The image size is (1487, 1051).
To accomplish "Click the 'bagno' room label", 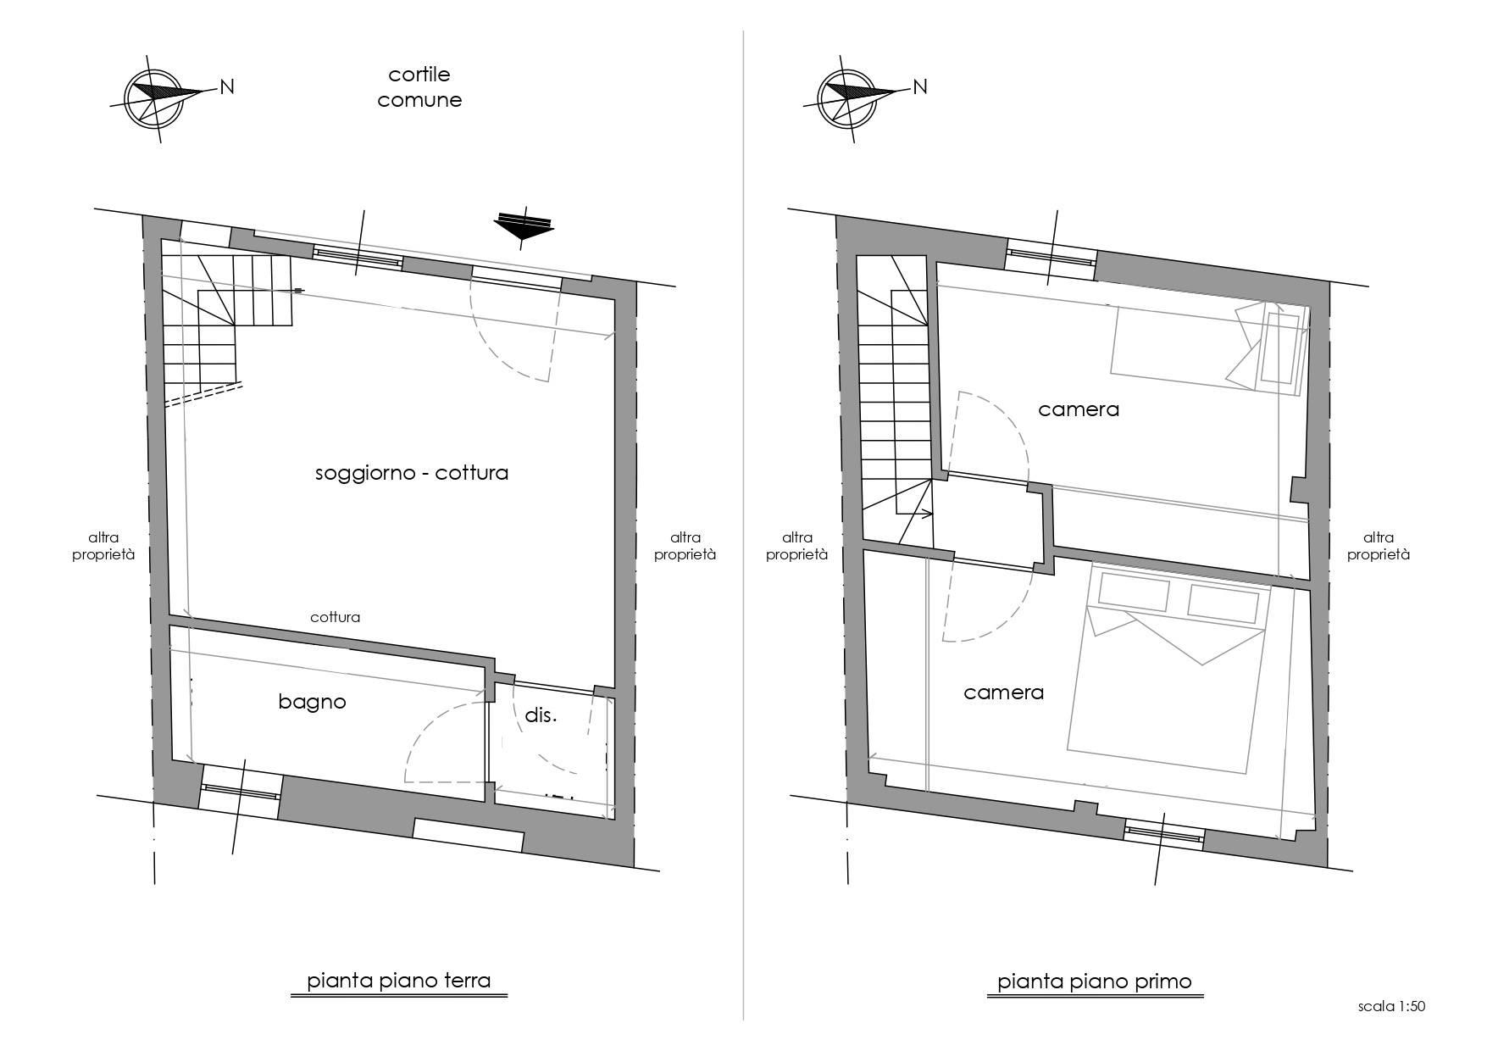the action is pyautogui.click(x=312, y=703).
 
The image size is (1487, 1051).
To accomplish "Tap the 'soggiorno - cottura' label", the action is pyautogui.click(x=412, y=473).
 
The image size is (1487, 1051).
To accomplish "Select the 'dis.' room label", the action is pyautogui.click(x=541, y=715).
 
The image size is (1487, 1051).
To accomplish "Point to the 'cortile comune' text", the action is pyautogui.click(x=419, y=87).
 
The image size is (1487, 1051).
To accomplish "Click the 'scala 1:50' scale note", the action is pyautogui.click(x=1392, y=1007).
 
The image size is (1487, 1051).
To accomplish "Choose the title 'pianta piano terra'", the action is pyautogui.click(x=399, y=981).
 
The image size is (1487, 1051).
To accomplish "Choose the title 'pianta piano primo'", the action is pyautogui.click(x=1095, y=981).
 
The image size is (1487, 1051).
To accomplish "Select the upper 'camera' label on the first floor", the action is pyautogui.click(x=1079, y=410).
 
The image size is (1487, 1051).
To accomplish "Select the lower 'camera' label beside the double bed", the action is pyautogui.click(x=1004, y=693).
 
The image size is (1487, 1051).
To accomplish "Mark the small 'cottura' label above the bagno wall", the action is pyautogui.click(x=335, y=617).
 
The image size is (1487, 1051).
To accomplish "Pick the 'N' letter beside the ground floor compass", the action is pyautogui.click(x=227, y=86).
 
